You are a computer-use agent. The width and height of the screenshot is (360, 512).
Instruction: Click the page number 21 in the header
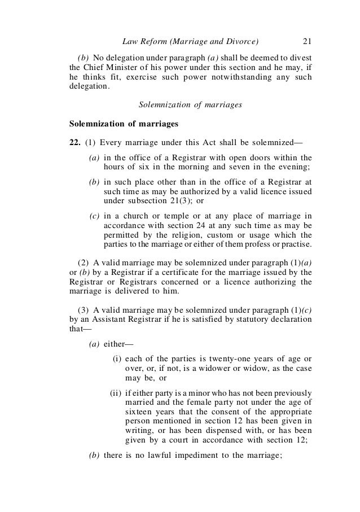tap(308, 41)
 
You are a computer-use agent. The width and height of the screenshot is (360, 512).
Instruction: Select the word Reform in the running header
tap(156, 41)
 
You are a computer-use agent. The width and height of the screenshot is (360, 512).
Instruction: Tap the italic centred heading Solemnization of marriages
tap(190, 104)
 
